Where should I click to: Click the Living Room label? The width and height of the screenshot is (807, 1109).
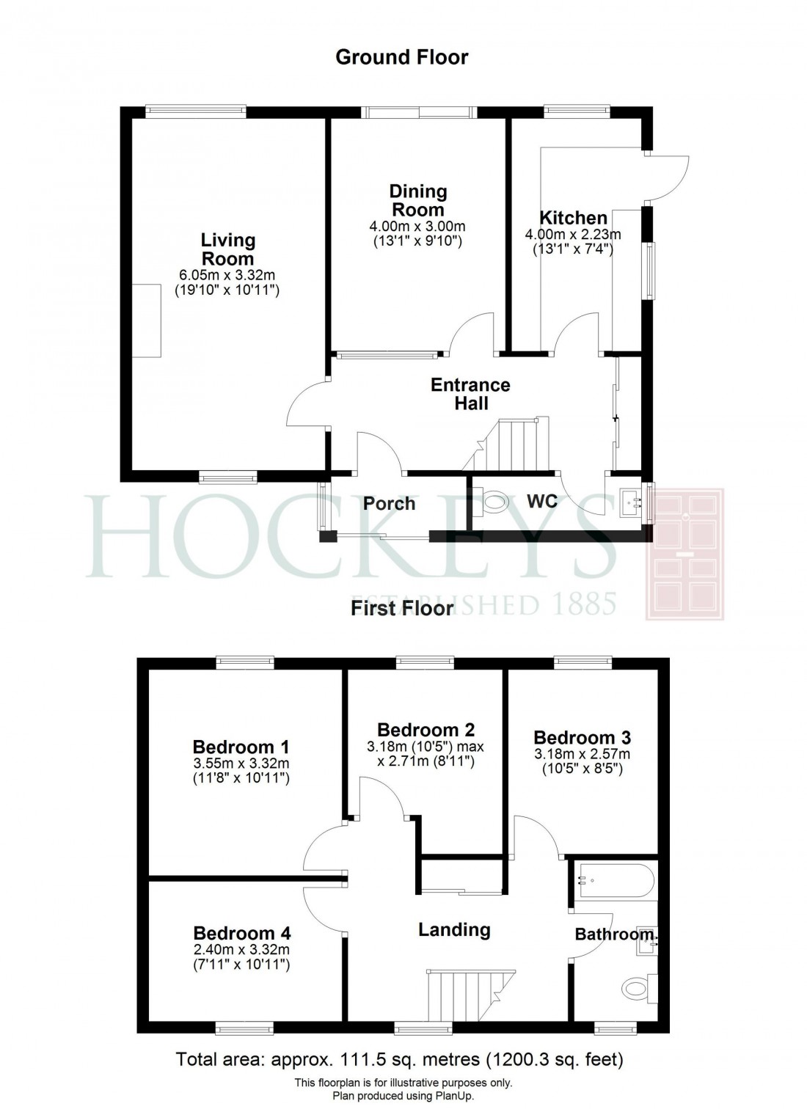click(227, 249)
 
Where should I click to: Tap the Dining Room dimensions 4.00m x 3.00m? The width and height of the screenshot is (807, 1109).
click(417, 227)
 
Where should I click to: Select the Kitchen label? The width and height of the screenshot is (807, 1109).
click(573, 218)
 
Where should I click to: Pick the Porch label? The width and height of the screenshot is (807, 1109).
click(389, 504)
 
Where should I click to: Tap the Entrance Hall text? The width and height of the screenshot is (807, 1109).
click(470, 394)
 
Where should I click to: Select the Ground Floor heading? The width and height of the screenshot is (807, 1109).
click(401, 57)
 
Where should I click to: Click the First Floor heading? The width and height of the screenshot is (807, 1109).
click(401, 608)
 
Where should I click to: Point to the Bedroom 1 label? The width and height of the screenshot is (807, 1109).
click(241, 747)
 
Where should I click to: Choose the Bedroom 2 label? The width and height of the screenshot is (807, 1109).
click(426, 730)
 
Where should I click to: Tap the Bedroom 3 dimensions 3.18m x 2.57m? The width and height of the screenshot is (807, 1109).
click(582, 754)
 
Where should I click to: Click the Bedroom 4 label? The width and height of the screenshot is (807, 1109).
click(241, 933)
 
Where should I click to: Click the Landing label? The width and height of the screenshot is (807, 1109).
click(454, 930)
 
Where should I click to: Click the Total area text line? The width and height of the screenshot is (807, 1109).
click(400, 1059)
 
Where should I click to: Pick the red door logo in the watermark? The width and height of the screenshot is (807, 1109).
click(684, 554)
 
